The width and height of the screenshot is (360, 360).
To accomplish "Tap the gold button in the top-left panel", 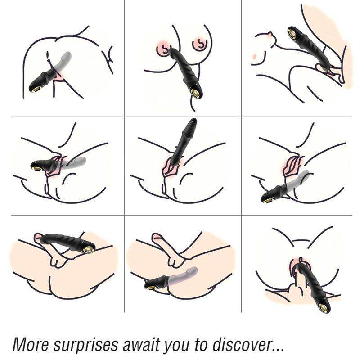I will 35,89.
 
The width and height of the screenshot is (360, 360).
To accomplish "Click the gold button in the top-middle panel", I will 196,93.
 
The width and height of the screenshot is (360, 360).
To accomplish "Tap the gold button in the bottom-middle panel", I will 148,285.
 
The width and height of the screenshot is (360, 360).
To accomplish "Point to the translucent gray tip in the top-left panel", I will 67,56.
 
